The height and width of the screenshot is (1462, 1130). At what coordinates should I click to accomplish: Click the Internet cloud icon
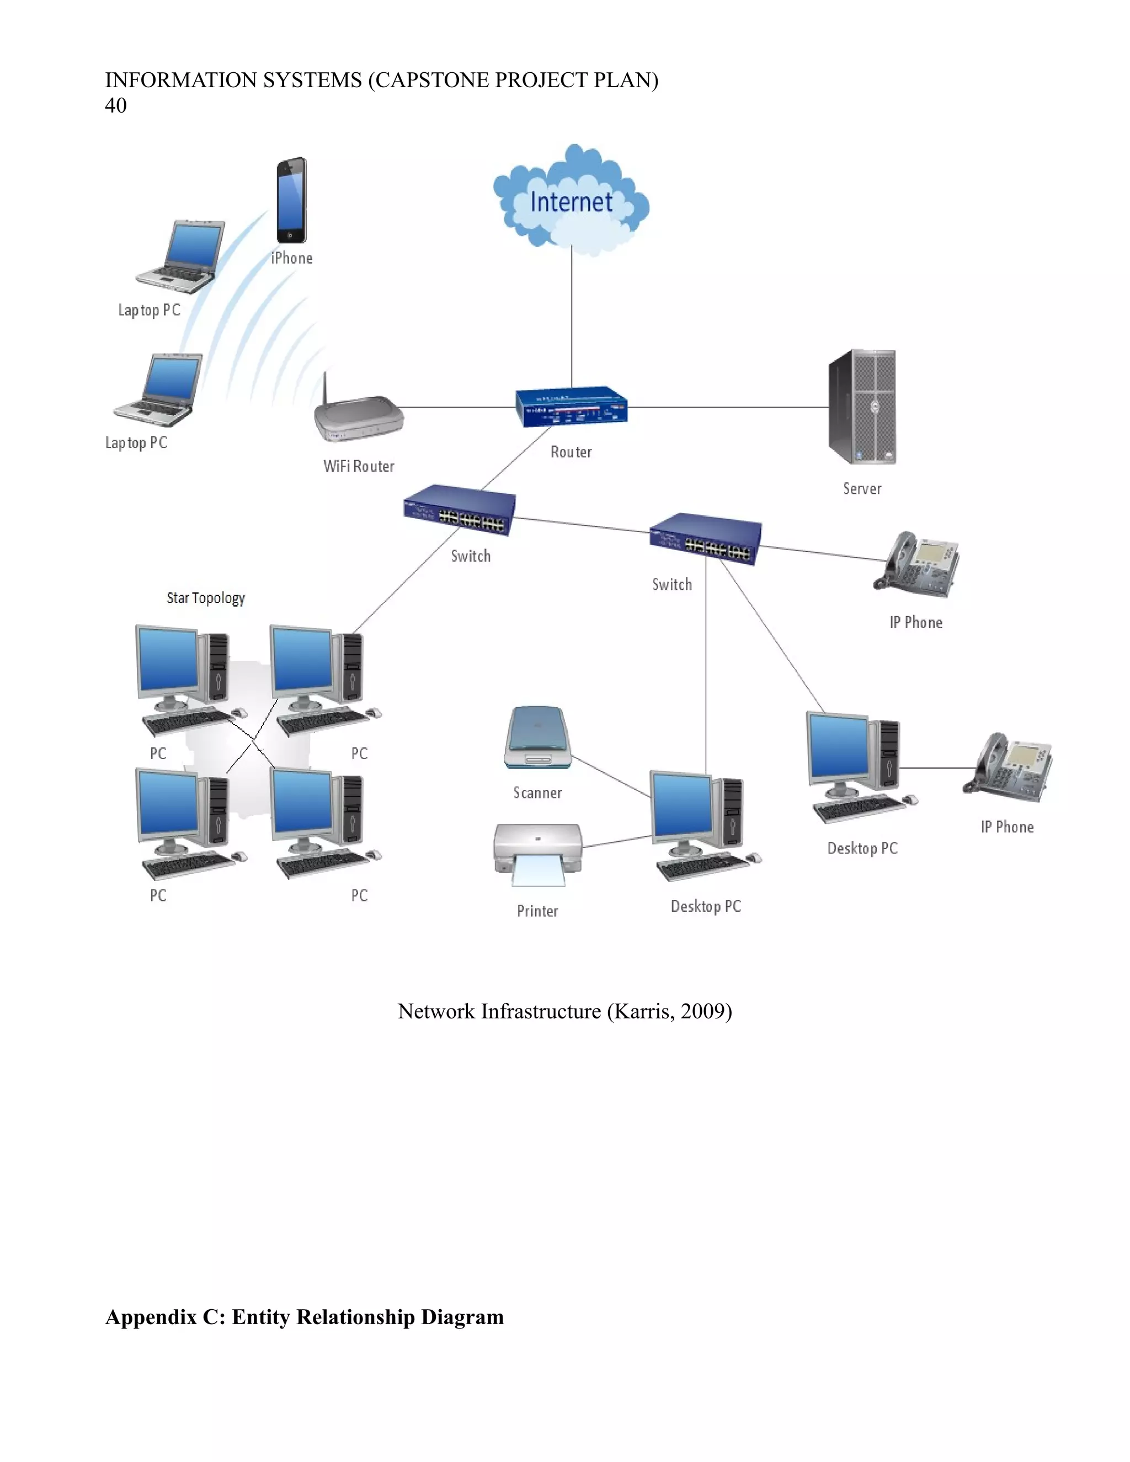pyautogui.click(x=571, y=201)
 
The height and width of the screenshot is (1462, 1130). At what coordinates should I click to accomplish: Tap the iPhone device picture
pyautogui.click(x=292, y=200)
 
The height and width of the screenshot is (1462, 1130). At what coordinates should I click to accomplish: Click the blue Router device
pyautogui.click(x=571, y=407)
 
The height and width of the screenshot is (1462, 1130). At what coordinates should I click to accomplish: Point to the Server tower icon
pyautogui.click(x=862, y=407)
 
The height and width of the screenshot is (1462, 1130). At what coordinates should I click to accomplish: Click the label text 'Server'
pyautogui.click(x=862, y=489)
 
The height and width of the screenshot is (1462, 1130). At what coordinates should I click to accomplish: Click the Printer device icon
pyautogui.click(x=537, y=854)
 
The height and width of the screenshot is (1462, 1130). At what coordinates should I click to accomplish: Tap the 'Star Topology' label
pyautogui.click(x=205, y=598)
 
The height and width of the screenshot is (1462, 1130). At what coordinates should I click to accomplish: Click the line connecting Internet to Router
pyautogui.click(x=572, y=314)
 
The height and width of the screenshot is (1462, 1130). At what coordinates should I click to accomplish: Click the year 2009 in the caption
pyautogui.click(x=703, y=1011)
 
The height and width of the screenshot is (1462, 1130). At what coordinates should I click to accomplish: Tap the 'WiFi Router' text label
pyautogui.click(x=359, y=467)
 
